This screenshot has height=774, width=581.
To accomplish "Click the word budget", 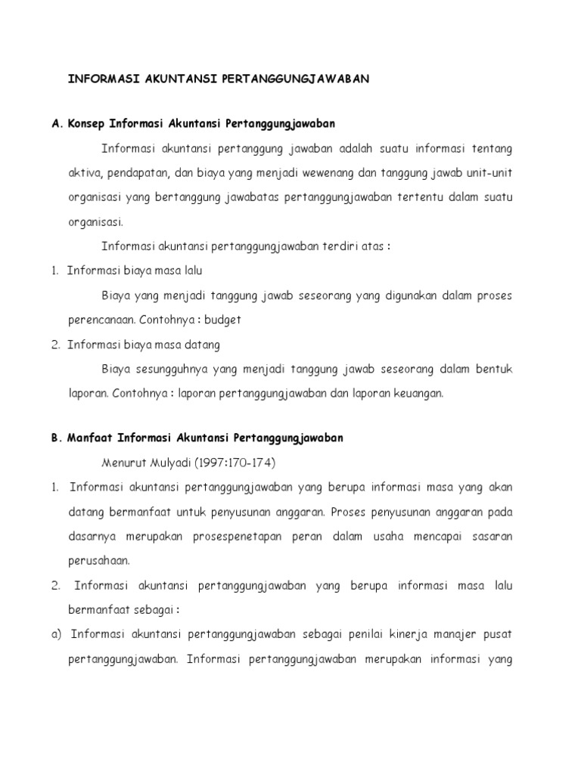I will tap(223, 320).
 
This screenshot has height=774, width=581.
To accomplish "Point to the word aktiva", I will tap(83, 173).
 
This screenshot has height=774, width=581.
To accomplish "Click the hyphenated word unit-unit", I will tap(488, 173).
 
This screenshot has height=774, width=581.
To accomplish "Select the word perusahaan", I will tap(100, 561).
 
